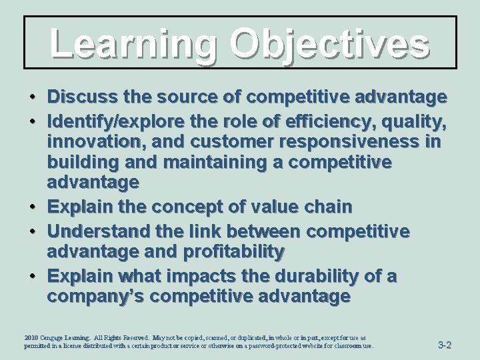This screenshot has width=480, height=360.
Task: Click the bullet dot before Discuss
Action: (33, 99)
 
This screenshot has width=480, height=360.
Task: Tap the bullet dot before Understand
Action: (33, 231)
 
